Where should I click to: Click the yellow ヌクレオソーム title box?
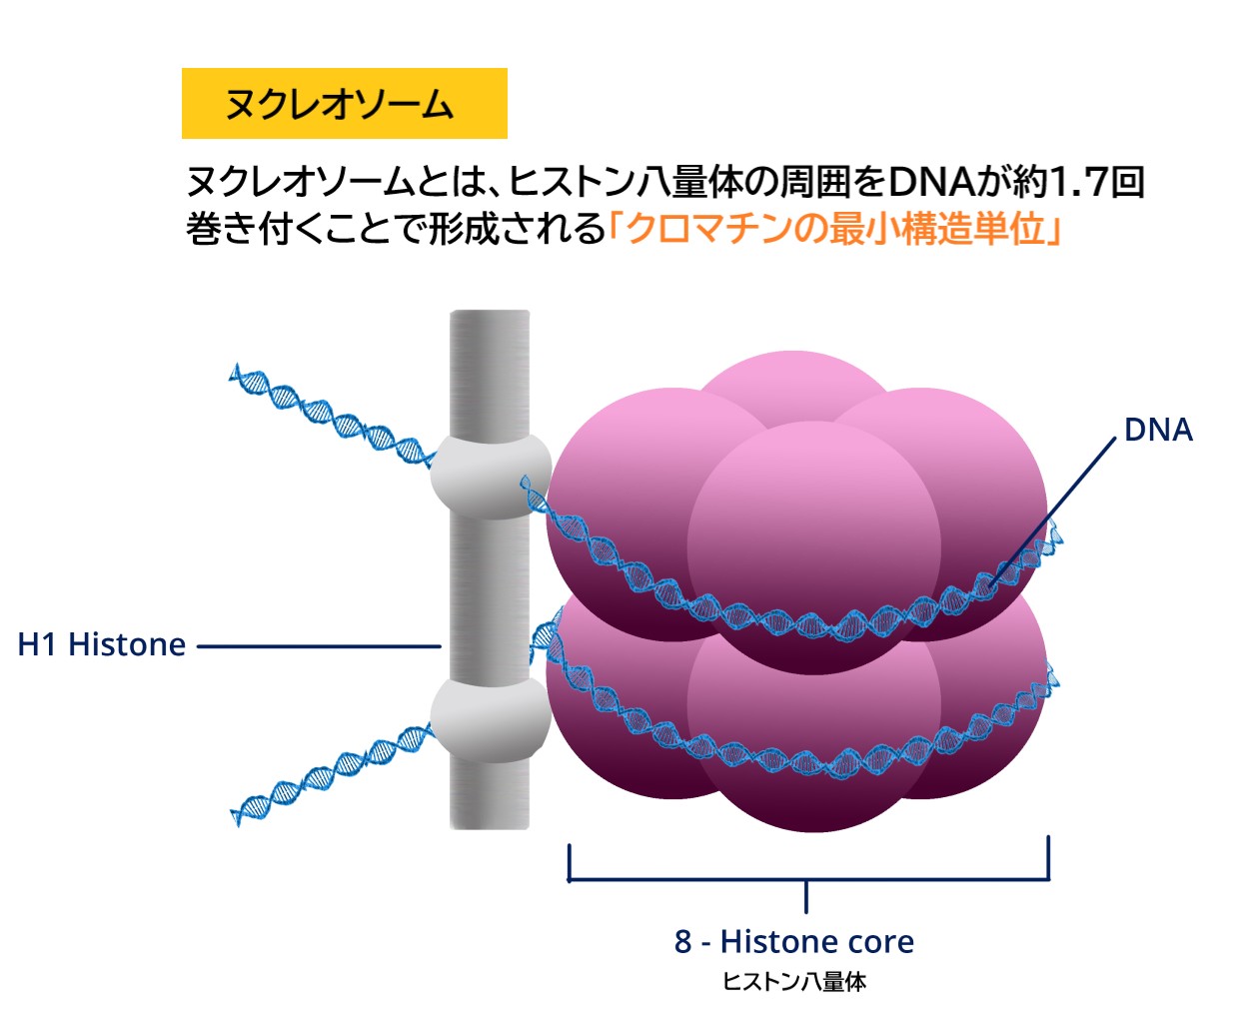click(344, 103)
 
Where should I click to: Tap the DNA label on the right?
click(1157, 430)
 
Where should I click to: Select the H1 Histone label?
click(102, 644)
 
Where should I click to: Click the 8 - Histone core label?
click(794, 941)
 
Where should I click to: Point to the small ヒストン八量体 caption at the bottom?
click(794, 982)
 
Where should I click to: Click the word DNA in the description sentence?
click(930, 182)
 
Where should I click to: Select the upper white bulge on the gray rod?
click(490, 475)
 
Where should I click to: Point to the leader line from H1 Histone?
click(320, 646)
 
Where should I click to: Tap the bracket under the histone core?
click(807, 880)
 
